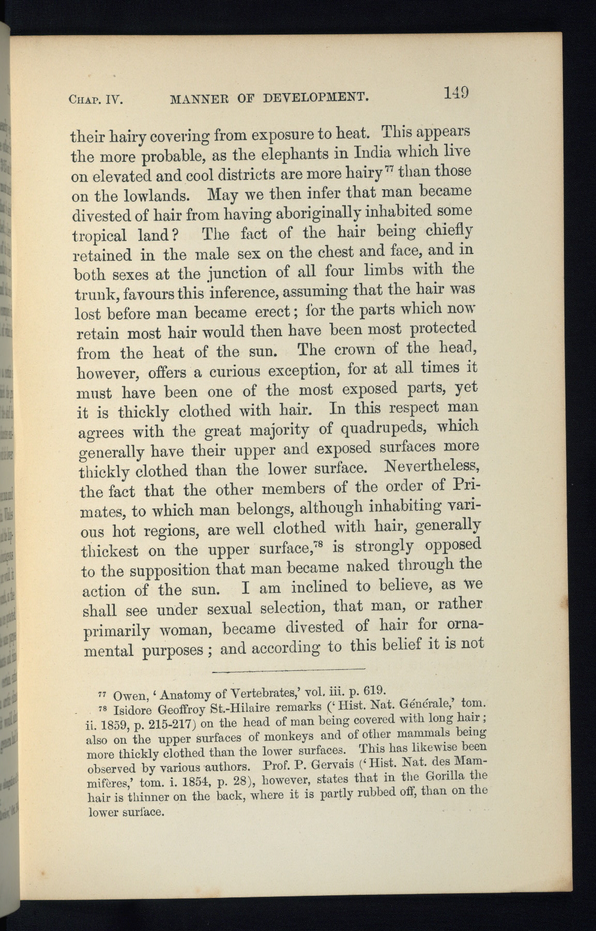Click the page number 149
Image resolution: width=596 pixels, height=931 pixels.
(455, 93)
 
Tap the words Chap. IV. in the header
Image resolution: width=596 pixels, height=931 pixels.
(95, 99)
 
